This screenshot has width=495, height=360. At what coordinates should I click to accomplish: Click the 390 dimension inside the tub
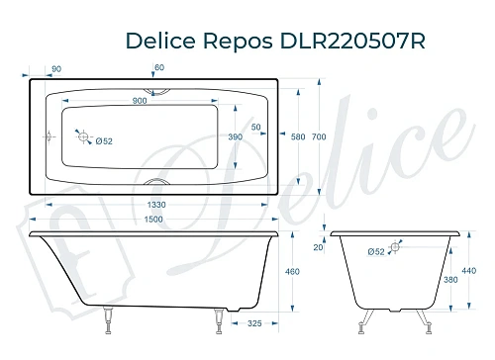coord(235,137)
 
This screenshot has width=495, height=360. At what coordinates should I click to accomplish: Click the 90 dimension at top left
coord(55,67)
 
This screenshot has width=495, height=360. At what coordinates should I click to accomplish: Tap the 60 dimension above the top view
coord(159,67)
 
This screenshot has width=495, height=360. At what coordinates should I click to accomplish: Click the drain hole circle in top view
coord(85,138)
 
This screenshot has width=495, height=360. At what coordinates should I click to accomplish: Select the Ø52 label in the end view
coord(375,253)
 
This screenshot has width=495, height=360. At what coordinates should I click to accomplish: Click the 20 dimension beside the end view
coord(319,247)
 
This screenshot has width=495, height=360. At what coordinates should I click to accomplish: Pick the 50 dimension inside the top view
coord(255,128)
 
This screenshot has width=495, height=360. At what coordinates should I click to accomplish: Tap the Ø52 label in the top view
coord(103,141)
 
